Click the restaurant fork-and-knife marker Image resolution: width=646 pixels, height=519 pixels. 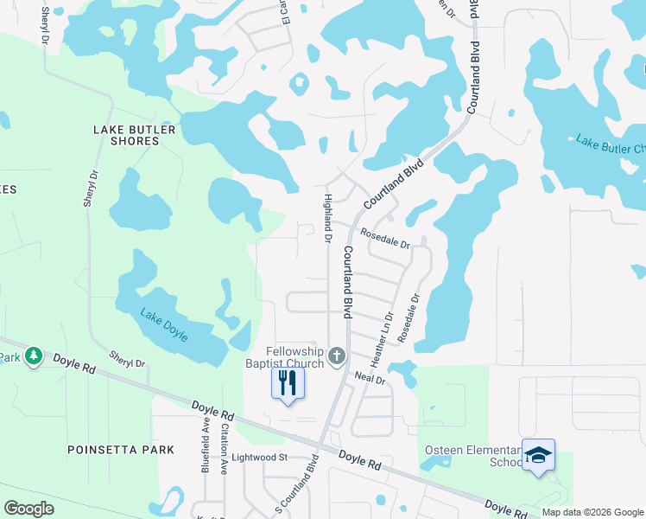point(288,382)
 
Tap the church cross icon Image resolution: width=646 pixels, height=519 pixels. point(337,355)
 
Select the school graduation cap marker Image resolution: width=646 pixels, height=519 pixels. point(537,455)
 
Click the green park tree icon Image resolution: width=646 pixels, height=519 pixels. point(33,356)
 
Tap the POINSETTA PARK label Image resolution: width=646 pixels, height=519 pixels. point(121,450)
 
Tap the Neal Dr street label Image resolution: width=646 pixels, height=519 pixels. point(370,378)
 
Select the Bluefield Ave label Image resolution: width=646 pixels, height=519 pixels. point(206,447)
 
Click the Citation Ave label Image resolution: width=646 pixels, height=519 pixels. point(223,447)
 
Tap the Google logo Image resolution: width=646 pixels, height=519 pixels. point(28,509)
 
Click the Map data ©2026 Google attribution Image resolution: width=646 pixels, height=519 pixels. point(592,512)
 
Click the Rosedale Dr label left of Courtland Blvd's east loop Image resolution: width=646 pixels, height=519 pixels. point(385,239)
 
